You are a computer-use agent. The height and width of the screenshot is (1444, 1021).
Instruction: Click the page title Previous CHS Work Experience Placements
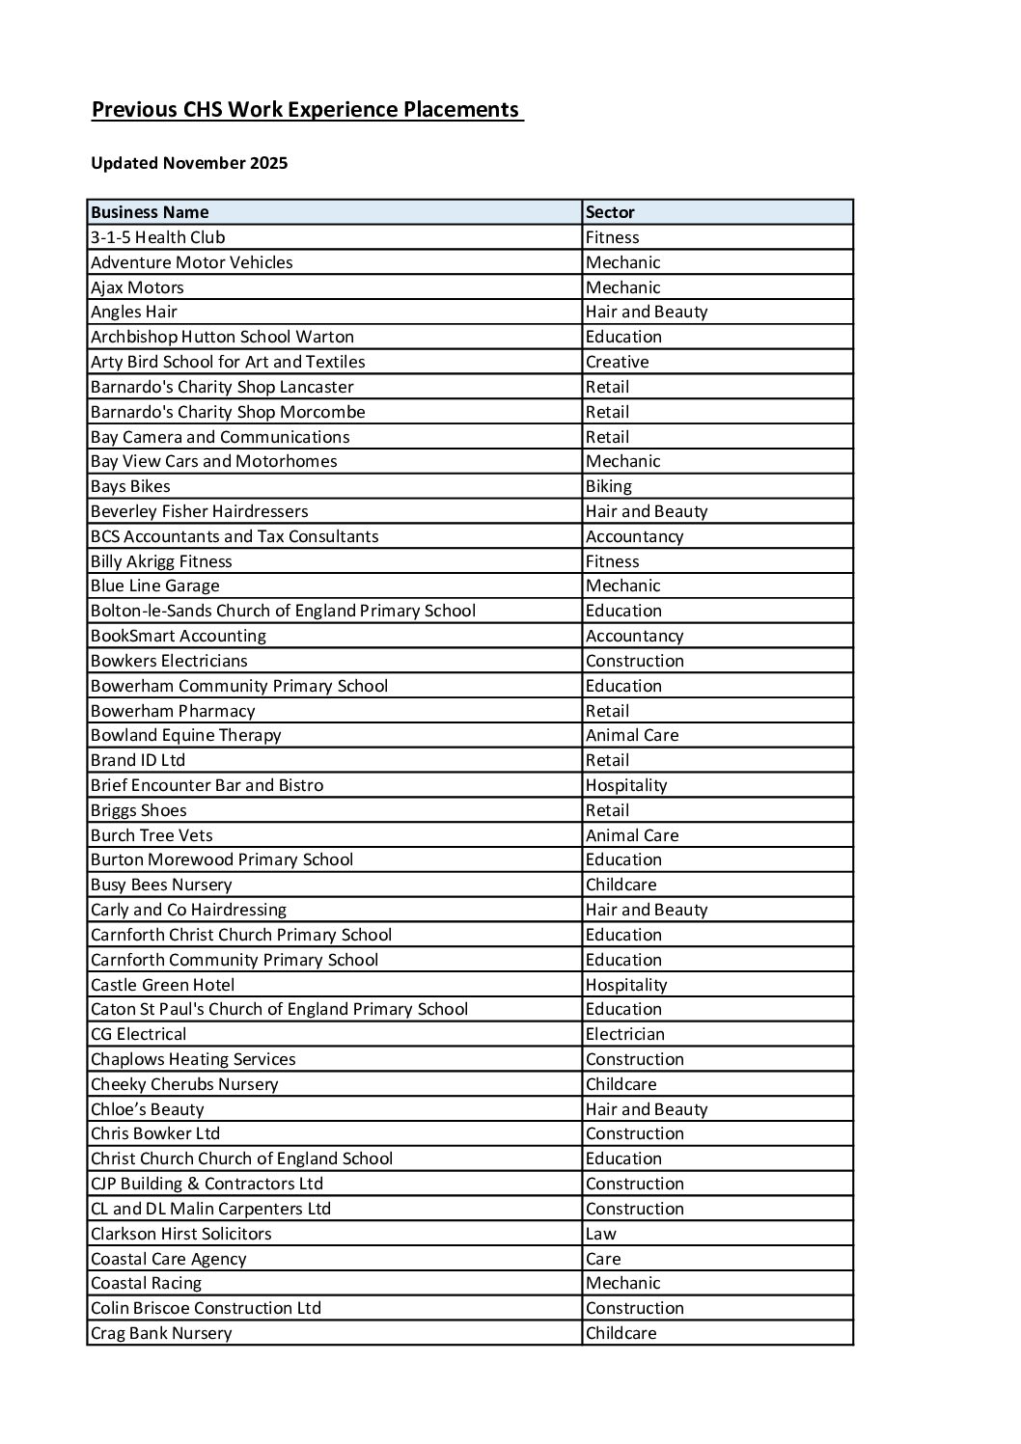tap(306, 110)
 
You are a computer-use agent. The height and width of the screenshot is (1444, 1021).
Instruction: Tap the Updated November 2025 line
tap(189, 163)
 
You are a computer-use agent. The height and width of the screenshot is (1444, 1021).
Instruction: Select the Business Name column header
tap(150, 212)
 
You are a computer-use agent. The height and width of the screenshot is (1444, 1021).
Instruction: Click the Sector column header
tap(610, 212)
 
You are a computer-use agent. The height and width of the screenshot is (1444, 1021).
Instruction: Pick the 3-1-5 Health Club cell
tap(158, 237)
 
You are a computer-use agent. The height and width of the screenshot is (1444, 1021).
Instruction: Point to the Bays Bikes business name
tap(130, 486)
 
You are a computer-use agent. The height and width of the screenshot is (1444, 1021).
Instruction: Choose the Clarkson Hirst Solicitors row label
tap(181, 1234)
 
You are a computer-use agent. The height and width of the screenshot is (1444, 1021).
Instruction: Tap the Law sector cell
tap(600, 1234)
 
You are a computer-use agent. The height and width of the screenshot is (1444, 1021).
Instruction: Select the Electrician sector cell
tap(625, 1034)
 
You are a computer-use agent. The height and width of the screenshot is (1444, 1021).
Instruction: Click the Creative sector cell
tap(618, 362)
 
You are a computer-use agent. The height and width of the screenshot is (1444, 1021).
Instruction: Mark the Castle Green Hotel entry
tap(163, 985)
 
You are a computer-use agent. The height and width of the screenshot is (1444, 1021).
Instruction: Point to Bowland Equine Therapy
tap(186, 735)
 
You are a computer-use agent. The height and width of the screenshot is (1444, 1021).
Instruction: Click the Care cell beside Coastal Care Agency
tap(603, 1259)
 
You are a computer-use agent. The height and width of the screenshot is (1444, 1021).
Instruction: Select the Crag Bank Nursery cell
tap(161, 1333)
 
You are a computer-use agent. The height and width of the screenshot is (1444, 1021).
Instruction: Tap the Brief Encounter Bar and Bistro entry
tap(207, 785)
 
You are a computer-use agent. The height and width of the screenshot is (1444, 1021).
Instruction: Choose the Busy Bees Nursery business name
tap(161, 885)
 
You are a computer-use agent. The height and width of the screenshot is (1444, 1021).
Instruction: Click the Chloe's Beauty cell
tap(148, 1109)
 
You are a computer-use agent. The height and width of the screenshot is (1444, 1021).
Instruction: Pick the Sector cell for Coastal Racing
tap(623, 1283)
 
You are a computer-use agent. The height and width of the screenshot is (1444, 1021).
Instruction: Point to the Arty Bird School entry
tap(228, 362)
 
